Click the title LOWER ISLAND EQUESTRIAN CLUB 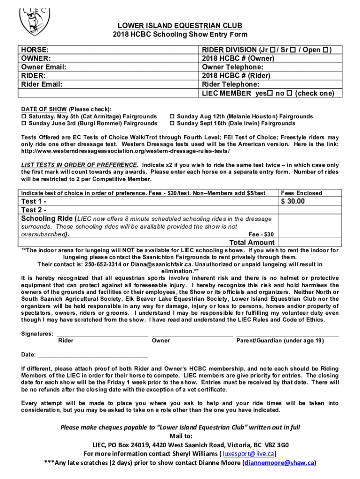(180, 25)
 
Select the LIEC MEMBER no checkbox (288, 93)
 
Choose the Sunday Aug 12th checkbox (172, 116)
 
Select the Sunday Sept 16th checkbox (172, 123)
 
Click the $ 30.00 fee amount (293, 202)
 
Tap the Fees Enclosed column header (302, 193)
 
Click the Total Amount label (252, 242)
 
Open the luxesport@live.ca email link (248, 454)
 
